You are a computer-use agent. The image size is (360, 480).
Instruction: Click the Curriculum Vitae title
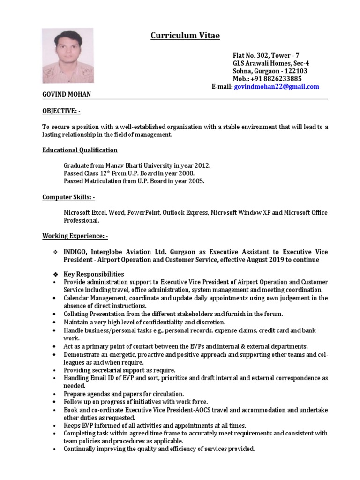185,36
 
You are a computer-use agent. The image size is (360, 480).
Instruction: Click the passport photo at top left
67,56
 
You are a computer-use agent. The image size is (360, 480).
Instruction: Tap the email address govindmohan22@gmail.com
277,87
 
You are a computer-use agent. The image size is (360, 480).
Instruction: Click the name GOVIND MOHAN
67,95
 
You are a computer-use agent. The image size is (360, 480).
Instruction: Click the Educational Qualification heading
80,150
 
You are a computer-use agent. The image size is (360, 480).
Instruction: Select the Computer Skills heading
68,197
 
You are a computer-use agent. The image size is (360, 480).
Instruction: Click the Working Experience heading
75,236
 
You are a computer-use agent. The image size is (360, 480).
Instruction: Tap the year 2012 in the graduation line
202,166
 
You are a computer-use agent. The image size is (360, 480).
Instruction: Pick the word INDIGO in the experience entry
76,252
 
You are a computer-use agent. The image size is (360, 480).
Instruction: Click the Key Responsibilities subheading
94,274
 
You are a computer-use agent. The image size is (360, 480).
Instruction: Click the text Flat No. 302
252,55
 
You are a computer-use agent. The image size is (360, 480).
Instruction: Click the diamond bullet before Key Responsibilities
55,274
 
